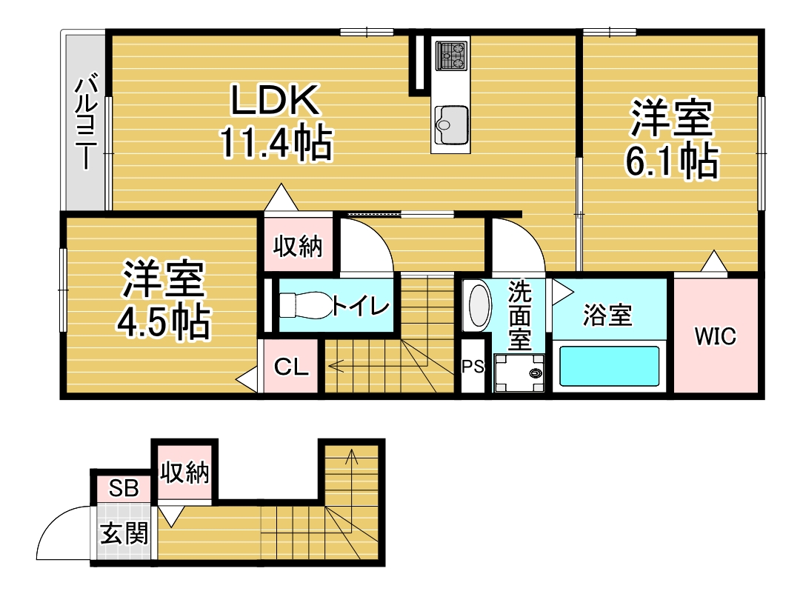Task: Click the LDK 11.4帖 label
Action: click(276, 122)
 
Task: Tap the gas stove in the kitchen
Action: click(451, 56)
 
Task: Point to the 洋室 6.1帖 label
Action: click(671, 139)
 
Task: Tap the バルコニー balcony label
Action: click(86, 122)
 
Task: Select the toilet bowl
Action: click(305, 305)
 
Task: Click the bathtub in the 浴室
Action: click(609, 366)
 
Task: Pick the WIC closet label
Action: click(715, 336)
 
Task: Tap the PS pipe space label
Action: click(473, 366)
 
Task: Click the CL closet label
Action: click(291, 367)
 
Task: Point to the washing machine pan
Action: click(519, 373)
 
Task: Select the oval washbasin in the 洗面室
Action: click(479, 305)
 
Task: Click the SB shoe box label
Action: click(124, 489)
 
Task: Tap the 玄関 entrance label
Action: click(124, 533)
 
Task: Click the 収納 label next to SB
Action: click(184, 472)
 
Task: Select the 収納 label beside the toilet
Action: click(298, 247)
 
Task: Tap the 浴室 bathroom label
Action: click(607, 315)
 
